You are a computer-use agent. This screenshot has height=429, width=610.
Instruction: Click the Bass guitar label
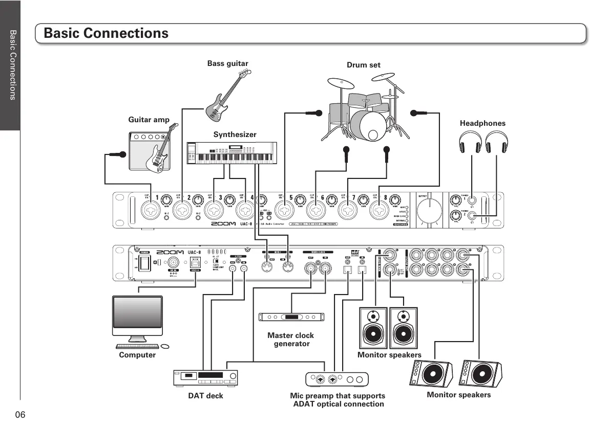pos(227,63)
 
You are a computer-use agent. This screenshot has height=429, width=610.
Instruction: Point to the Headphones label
pos(482,123)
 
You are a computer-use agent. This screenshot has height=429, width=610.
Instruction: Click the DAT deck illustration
pos(206,377)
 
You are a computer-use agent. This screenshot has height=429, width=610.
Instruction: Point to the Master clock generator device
pos(291,317)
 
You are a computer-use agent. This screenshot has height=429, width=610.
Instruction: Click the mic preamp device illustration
pos(337,379)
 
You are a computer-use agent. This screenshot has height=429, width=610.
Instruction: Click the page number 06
pos(20,414)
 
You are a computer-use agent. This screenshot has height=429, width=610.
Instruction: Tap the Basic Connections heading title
pos(106,33)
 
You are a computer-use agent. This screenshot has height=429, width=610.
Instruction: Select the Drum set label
pos(363,65)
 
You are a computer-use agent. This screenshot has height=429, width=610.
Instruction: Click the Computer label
pos(137,355)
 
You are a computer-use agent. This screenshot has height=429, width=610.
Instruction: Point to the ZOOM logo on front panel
pos(223,224)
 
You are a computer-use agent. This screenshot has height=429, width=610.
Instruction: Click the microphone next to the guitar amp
pos(117,154)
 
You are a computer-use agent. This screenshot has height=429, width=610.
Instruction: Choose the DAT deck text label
pos(205,396)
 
